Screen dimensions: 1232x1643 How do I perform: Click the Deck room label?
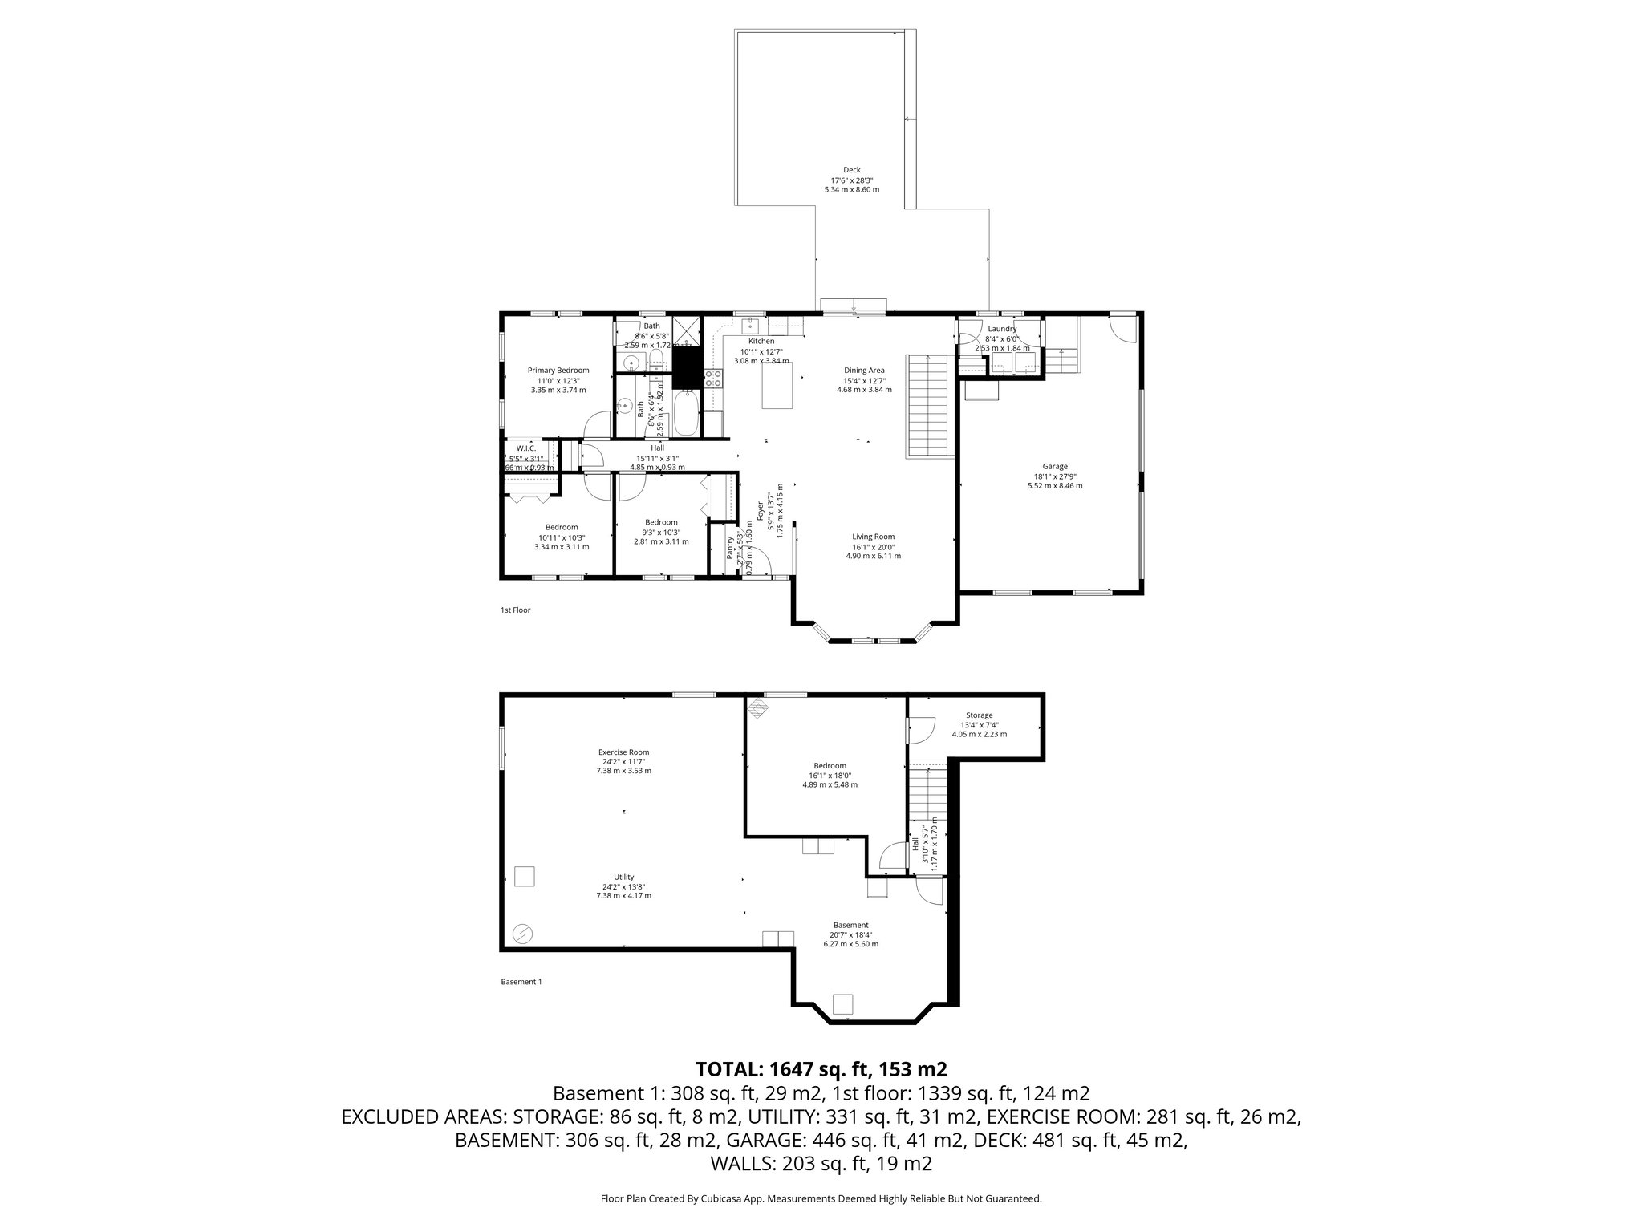coord(851,170)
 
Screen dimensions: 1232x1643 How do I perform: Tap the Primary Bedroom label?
coord(558,371)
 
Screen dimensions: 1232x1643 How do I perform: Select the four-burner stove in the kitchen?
coord(714,378)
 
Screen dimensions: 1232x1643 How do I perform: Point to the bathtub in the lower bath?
coord(686,412)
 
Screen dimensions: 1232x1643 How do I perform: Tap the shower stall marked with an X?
coord(686,330)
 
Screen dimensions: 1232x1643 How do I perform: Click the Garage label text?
coord(1054,466)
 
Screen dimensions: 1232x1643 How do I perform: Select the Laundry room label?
coord(1002,329)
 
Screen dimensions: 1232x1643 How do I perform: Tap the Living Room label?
coord(873,537)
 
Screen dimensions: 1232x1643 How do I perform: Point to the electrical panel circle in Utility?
coord(522,933)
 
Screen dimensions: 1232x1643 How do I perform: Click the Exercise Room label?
coord(623,752)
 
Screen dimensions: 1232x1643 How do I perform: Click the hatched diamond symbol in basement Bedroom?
coord(757,707)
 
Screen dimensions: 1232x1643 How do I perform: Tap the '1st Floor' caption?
coord(515,610)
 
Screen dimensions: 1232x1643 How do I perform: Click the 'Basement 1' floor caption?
coord(521,982)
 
